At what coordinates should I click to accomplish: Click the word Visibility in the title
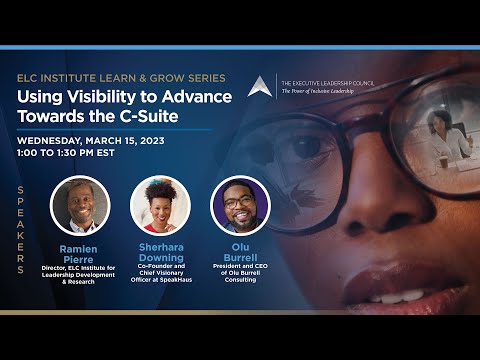[x=101, y=97]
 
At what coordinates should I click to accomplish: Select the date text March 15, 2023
[x=125, y=141]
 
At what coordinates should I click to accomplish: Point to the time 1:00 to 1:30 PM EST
[x=66, y=153]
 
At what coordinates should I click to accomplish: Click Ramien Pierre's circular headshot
[x=80, y=206]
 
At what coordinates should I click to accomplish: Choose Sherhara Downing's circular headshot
[x=160, y=206]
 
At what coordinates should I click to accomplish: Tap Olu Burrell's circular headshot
[x=240, y=206]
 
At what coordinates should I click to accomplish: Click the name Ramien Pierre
[x=79, y=254]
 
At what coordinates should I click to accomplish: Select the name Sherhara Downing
[x=161, y=252]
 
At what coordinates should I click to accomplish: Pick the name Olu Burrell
[x=240, y=252]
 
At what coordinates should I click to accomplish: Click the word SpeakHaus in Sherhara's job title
[x=177, y=280]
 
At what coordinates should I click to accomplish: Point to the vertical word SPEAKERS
[x=21, y=230]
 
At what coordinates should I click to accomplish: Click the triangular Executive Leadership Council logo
[x=260, y=87]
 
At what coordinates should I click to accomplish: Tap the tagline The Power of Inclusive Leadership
[x=318, y=91]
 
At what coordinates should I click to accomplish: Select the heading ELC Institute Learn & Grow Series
[x=121, y=78]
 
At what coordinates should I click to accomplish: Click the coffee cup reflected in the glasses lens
[x=443, y=162]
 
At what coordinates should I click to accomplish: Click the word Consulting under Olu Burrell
[x=240, y=280]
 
